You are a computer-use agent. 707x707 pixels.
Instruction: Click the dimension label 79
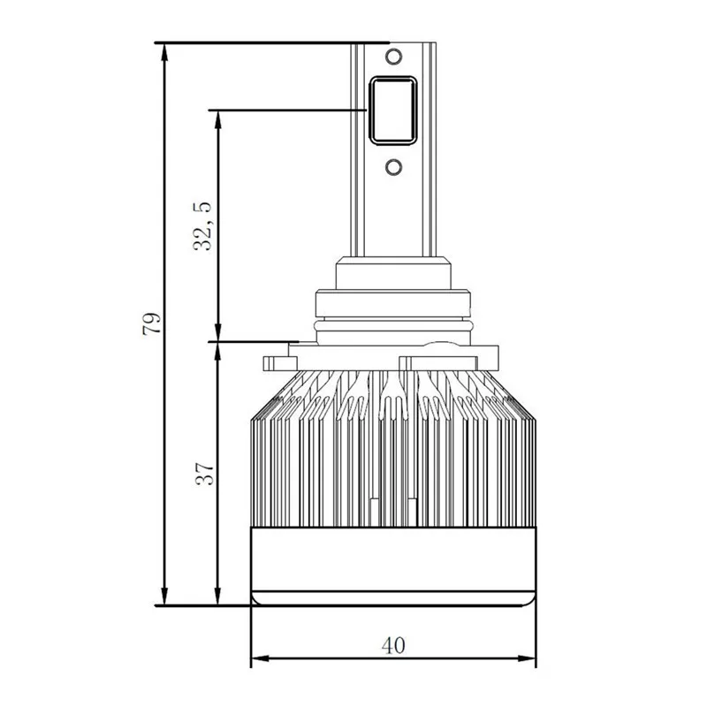(151, 323)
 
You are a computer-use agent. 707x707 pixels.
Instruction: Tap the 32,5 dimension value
(202, 226)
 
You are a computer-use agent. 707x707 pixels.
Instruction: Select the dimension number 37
(205, 474)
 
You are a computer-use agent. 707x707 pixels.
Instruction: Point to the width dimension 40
(393, 645)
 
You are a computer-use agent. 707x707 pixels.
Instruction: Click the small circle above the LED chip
(393, 57)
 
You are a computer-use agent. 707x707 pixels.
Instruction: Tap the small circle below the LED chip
(393, 167)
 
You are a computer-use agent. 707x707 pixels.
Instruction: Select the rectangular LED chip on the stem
(393, 110)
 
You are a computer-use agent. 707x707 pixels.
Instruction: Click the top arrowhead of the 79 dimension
(164, 52)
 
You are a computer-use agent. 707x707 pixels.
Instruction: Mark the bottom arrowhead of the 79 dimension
(164, 596)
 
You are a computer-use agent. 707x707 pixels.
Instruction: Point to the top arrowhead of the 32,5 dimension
(217, 119)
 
